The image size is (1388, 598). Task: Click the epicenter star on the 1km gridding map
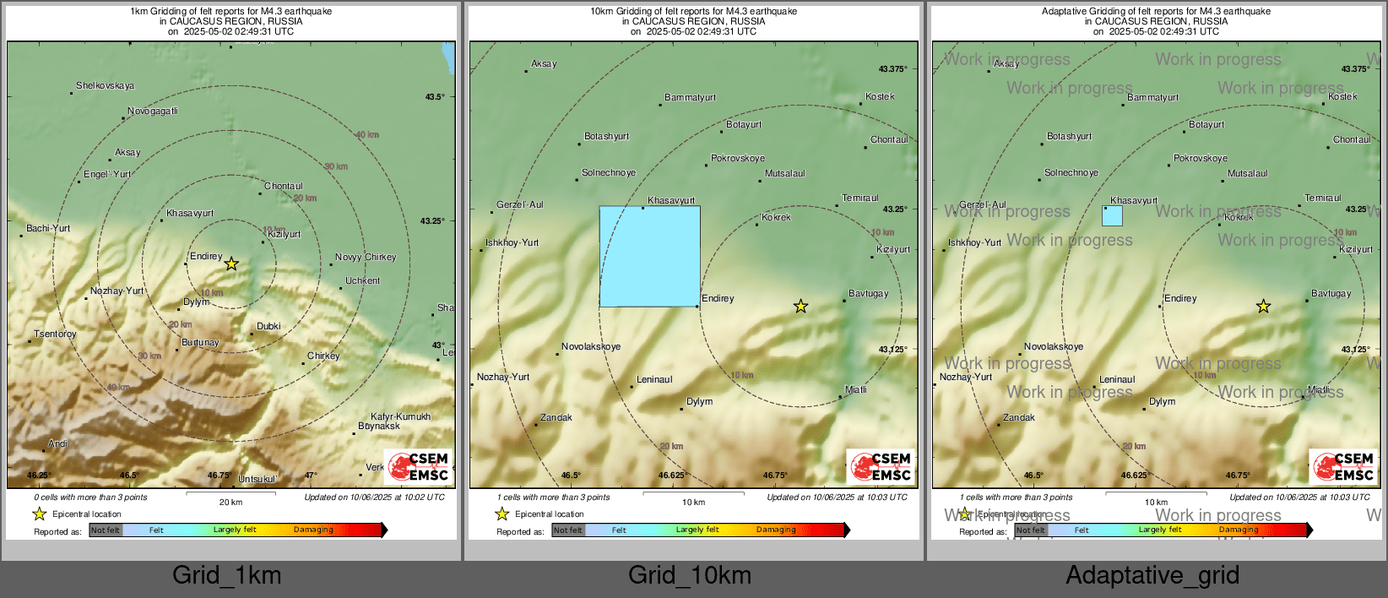(x=231, y=264)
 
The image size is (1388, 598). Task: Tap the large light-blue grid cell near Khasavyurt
(x=649, y=256)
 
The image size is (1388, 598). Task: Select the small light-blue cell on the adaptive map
(x=1112, y=215)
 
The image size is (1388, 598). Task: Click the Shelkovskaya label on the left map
(x=105, y=85)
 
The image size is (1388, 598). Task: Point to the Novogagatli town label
(x=153, y=111)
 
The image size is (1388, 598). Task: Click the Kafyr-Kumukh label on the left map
(x=400, y=416)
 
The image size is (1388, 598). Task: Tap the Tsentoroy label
(x=55, y=334)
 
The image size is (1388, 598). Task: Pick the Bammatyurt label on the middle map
(x=690, y=97)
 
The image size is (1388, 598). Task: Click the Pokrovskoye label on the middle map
(x=738, y=158)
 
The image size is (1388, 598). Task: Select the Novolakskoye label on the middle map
(x=591, y=346)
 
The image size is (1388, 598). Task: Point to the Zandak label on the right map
(x=1019, y=417)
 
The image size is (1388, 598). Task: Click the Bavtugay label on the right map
(x=1331, y=293)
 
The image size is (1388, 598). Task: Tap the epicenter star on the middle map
(x=800, y=306)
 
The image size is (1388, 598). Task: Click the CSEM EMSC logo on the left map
(x=419, y=466)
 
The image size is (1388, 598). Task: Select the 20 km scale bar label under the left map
(x=230, y=502)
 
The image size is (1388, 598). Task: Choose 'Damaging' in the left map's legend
(x=313, y=530)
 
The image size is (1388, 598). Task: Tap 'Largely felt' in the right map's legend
(x=1159, y=530)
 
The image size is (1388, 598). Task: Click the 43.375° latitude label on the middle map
(x=892, y=68)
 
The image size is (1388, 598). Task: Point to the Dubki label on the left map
(x=268, y=326)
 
